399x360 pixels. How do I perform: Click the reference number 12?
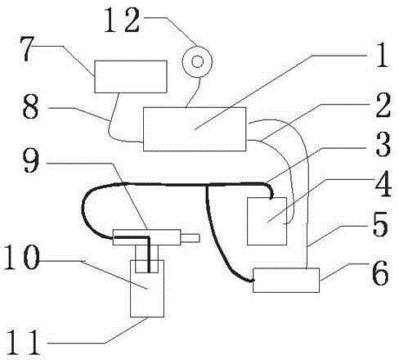point(122,20)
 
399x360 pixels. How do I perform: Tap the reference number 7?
point(28,48)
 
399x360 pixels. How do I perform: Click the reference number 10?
point(22,257)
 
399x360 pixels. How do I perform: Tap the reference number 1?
point(382,55)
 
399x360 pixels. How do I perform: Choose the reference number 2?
point(383,105)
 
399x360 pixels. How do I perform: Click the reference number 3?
point(383,144)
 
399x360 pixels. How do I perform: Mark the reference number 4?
point(383,183)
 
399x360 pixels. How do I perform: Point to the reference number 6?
point(380,272)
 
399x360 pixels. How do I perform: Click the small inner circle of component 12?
point(198,61)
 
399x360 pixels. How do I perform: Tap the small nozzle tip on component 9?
point(191,238)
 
